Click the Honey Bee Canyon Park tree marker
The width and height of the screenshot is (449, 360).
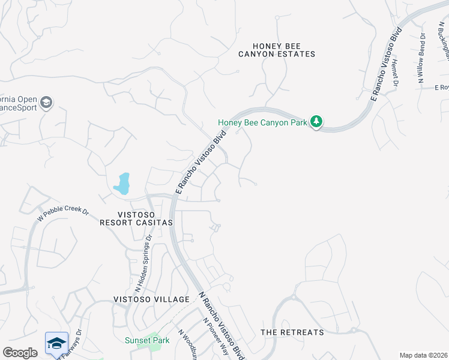tap(316, 122)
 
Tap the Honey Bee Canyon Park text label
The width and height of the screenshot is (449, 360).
tap(262, 123)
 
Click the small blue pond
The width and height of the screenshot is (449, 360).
tap(122, 184)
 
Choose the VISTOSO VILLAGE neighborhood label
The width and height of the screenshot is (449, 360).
tap(151, 299)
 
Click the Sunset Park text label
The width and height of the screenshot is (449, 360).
tap(147, 340)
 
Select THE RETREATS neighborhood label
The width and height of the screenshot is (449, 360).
tap(292, 332)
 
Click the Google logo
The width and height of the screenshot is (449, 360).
tap(20, 353)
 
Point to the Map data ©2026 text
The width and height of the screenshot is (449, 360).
tap(423, 355)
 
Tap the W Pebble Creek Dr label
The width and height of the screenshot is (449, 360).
tap(62, 215)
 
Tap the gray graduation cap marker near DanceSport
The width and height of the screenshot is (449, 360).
tap(46, 103)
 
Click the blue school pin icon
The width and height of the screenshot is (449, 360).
tap(56, 344)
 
